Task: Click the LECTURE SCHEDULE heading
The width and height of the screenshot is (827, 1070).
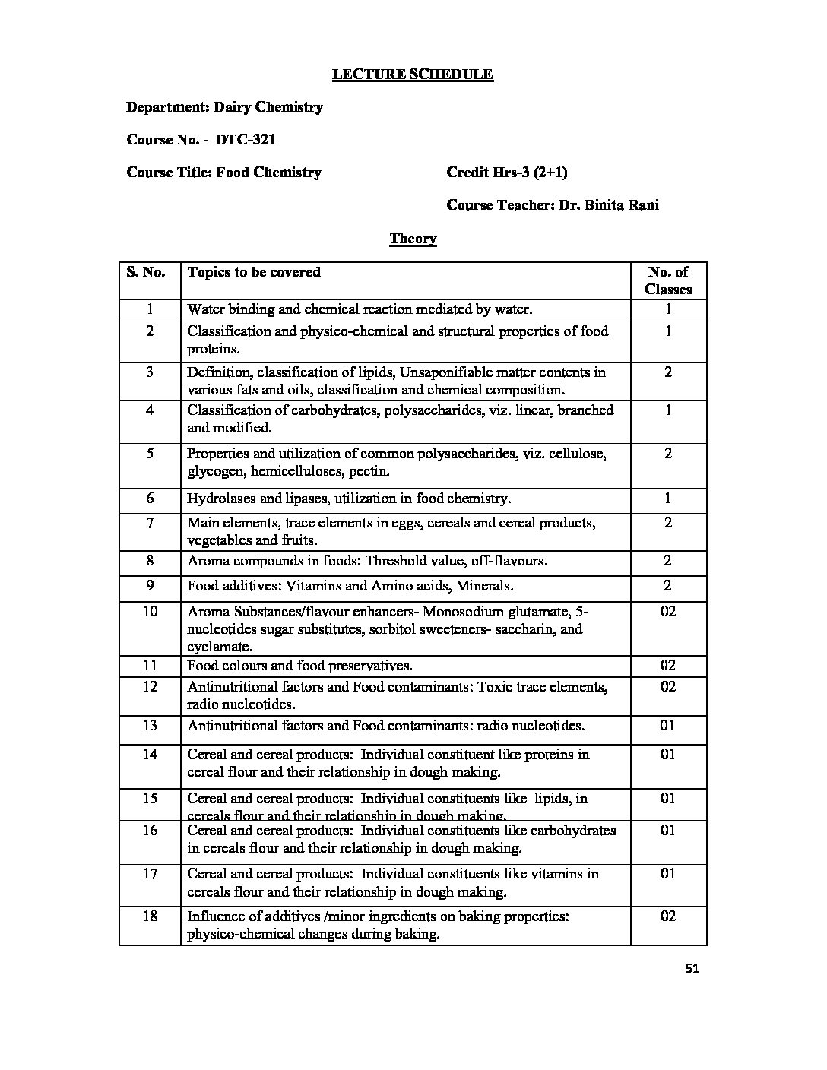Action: coord(413,74)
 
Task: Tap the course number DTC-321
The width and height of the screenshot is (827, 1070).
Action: coord(246,140)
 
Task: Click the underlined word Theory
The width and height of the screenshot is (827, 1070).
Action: coord(413,239)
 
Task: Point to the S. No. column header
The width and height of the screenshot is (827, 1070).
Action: coord(145,272)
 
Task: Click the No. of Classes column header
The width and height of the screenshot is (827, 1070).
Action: coord(668,280)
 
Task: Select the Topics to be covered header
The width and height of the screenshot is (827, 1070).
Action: coord(254,272)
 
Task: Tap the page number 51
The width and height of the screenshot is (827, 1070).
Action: coord(692,968)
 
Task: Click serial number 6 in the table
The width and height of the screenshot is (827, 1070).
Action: coord(151,499)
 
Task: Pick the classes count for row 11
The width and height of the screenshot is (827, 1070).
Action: coord(668,666)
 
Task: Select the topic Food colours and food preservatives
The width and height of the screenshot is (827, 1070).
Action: coord(300,666)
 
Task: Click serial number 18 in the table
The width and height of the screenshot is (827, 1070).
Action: coord(151,916)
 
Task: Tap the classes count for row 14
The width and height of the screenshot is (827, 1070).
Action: coord(668,755)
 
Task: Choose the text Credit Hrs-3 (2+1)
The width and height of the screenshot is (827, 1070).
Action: coord(507,173)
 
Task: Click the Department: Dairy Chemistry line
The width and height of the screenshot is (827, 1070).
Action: coord(224,107)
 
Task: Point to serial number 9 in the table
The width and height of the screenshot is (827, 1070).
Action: coord(151,586)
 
